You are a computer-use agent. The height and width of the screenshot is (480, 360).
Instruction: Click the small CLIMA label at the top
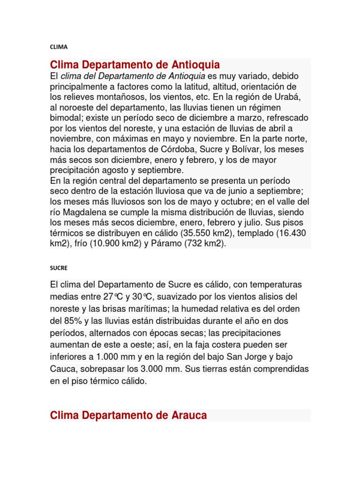point(59,47)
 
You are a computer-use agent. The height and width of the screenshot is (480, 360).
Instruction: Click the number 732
point(197,244)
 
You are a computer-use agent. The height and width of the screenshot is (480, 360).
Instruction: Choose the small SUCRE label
point(59,268)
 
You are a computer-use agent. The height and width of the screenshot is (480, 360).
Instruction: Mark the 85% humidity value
point(73,321)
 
